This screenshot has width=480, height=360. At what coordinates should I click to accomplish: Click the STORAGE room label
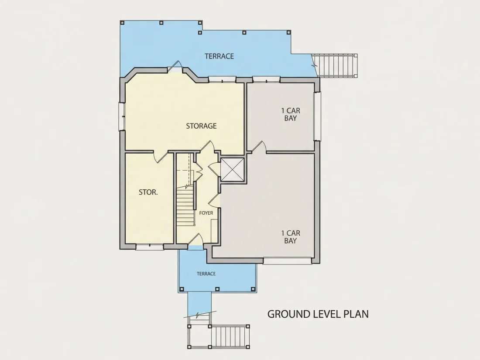[x=202, y=126]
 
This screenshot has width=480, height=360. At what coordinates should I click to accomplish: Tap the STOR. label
[x=148, y=192]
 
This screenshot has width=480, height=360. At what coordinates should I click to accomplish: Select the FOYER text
[x=206, y=213]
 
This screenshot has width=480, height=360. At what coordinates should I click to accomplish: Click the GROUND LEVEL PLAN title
[x=318, y=314]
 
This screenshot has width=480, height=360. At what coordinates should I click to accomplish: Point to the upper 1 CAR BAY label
[x=291, y=114]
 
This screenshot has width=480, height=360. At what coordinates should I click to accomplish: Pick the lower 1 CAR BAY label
[x=291, y=237]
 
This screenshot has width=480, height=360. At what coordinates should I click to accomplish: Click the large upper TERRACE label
[x=219, y=56]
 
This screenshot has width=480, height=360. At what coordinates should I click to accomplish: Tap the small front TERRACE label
[x=206, y=274]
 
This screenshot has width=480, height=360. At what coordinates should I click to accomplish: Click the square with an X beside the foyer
[x=233, y=170]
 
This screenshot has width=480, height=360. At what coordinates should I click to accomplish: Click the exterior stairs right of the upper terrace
[x=336, y=65]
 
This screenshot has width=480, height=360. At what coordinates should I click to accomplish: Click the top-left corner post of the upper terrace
[x=122, y=23]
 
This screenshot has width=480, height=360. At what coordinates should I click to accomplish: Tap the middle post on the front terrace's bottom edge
[x=217, y=289]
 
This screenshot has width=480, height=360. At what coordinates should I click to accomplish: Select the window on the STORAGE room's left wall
[x=122, y=117]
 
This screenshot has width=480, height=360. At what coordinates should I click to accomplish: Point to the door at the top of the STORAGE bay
[x=175, y=66]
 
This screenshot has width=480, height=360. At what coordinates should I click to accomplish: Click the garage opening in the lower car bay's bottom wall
[x=288, y=261]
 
